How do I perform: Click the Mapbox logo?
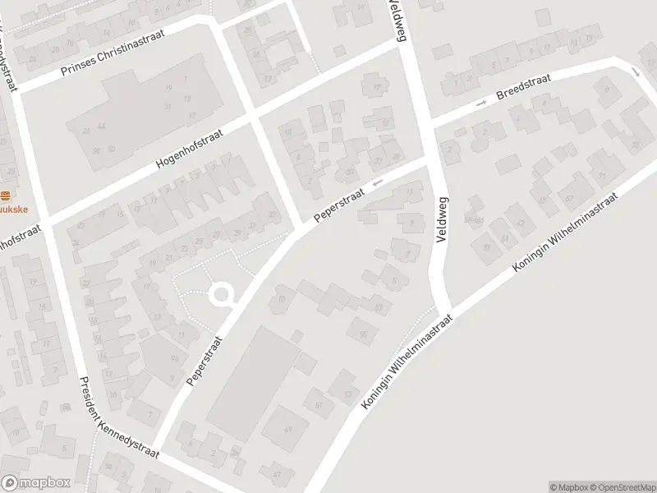pyautogui.click(x=34, y=482)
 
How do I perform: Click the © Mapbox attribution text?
pyautogui.click(x=568, y=486)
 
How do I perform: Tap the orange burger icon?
pyautogui.click(x=6, y=196)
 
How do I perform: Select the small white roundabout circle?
pyautogui.click(x=222, y=293)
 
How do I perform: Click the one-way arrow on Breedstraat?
pyautogui.click(x=481, y=102)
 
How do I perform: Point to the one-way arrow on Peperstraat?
pyautogui.click(x=377, y=183)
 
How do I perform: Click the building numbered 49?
pyautogui.click(x=288, y=429)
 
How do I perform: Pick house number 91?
pyautogui.click(x=602, y=175)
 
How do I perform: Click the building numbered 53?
pyautogui.click(x=347, y=394)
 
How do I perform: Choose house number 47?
pyautogui.click(x=277, y=474)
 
